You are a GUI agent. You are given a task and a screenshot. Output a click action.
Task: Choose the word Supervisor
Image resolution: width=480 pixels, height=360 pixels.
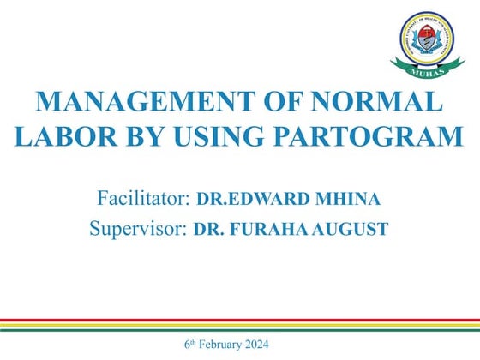pos(138,229)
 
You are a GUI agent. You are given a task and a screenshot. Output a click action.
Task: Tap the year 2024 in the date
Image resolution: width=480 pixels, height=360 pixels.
pos(255,345)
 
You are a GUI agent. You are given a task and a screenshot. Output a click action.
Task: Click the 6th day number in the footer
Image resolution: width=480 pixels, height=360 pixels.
pos(189,345)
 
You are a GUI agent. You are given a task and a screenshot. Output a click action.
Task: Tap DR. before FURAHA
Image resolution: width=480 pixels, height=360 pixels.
pos(207,230)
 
